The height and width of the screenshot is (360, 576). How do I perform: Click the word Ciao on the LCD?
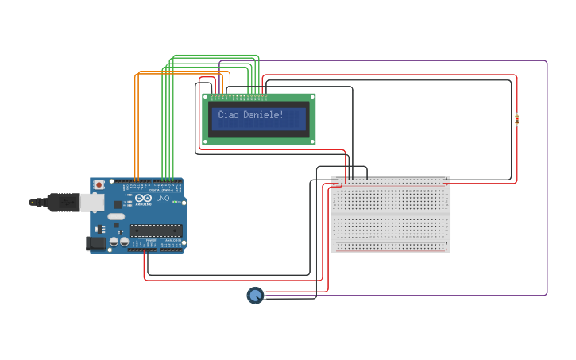pyautogui.click(x=228, y=115)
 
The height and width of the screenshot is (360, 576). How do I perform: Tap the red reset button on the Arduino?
pyautogui.click(x=99, y=185)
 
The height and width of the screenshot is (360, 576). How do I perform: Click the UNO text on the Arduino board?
pyautogui.click(x=162, y=210)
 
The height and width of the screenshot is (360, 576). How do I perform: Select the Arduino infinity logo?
pyautogui.click(x=143, y=199)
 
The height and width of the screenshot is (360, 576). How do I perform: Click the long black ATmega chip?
pyautogui.click(x=155, y=231)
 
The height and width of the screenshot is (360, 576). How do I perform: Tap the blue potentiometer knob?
pyautogui.click(x=254, y=296)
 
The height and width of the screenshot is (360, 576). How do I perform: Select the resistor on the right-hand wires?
pyautogui.click(x=517, y=120)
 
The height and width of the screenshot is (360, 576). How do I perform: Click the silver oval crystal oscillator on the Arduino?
pyautogui.click(x=116, y=216)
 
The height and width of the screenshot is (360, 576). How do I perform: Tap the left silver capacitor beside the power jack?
pyautogui.click(x=114, y=241)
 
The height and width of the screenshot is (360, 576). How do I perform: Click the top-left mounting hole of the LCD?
pyautogui.click(x=208, y=98)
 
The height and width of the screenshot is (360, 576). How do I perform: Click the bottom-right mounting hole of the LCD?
pyautogui.click(x=311, y=139)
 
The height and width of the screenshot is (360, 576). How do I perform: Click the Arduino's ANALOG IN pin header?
pyautogui.click(x=172, y=247)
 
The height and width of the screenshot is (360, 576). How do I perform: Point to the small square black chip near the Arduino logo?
pyautogui.click(x=130, y=202)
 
